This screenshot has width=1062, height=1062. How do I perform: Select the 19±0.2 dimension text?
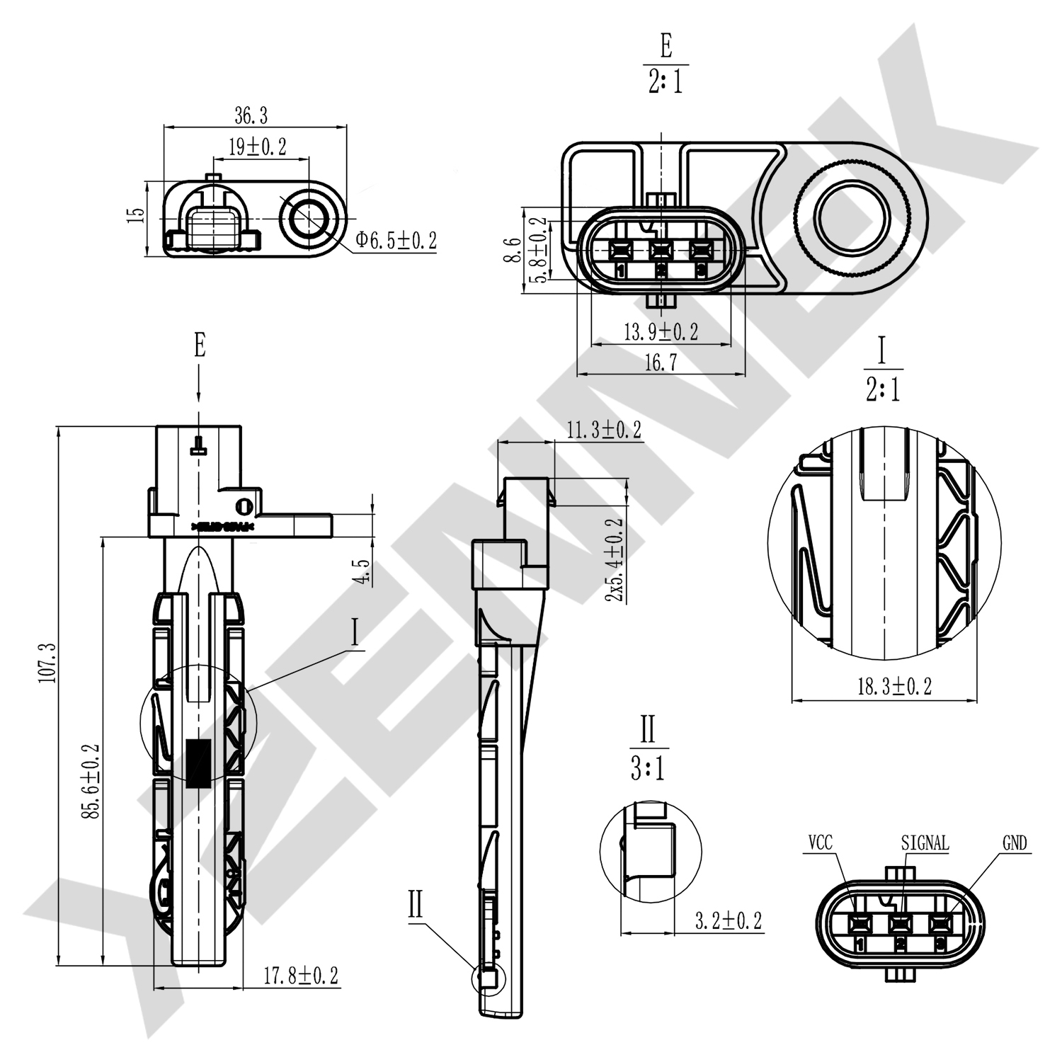257,147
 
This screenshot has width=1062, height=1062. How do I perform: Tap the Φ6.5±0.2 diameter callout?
396,241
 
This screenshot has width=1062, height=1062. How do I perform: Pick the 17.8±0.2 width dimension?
301,976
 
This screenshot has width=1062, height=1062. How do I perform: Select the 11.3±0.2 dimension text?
604,429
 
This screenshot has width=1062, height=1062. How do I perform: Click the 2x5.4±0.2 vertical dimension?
615,560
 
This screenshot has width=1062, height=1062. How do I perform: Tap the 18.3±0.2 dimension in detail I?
894,686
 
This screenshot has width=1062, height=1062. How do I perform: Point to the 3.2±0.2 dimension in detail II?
728,920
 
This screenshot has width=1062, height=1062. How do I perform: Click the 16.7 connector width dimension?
661,363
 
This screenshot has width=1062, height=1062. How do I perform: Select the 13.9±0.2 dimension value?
661,331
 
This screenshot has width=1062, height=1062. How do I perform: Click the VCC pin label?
820,843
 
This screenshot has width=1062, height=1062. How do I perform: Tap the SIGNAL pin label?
925,843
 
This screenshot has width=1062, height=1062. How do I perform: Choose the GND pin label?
1014,843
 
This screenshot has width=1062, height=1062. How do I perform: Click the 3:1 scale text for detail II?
647,769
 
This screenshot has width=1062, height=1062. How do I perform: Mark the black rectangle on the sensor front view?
198,764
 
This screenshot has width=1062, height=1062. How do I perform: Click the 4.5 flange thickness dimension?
363,571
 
